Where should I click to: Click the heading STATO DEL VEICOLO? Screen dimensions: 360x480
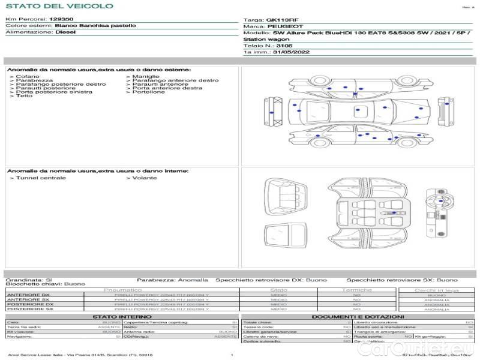coord(59,6)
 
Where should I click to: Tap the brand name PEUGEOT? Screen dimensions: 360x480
coord(285,27)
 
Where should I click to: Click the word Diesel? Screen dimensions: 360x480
coord(65,32)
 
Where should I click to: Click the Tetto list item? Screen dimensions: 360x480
coord(24,96)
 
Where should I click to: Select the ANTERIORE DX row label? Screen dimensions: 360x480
coord(28,295)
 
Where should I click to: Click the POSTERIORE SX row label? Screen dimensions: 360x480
coord(29,309)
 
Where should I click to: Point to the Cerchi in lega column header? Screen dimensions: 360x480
coord(436,290)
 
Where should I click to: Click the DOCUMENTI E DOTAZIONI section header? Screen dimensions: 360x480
coord(358,317)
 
